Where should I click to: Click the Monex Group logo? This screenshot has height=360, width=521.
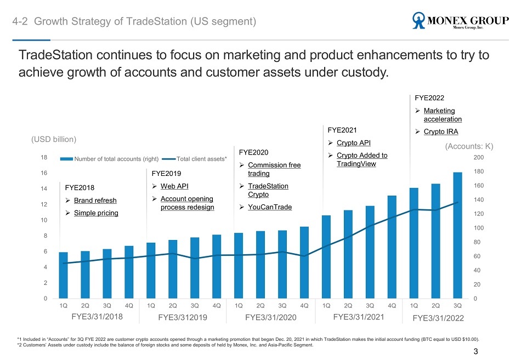pos(461,21)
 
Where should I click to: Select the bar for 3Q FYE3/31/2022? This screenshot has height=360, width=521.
pos(457,235)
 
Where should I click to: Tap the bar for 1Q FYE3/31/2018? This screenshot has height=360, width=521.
pos(63,275)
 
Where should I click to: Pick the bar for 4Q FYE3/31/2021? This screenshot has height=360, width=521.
pos(392,247)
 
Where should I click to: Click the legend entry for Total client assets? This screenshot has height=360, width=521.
pos(194,159)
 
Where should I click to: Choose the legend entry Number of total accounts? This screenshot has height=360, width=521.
pos(109,159)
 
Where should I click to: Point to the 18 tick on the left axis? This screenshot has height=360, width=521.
pos(44,157)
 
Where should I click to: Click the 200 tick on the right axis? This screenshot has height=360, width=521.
pos(478,157)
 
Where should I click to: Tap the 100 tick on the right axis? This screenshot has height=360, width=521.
pos(478,228)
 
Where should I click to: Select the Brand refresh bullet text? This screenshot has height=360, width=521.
pos(95,200)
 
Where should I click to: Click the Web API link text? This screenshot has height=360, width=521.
pos(174,186)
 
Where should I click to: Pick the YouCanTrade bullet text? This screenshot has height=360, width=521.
pos(270,207)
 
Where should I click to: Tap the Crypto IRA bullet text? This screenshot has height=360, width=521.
pos(441,132)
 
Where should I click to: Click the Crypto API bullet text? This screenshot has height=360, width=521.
pos(354,143)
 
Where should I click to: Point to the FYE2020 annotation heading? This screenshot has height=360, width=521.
pos(253,152)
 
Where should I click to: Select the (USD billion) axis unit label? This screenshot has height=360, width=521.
pos(54,140)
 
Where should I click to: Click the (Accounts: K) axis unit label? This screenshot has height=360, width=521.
pos(469,146)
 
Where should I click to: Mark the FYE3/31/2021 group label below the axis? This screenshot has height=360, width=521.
pos(359,317)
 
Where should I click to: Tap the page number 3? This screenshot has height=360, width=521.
pos(475,351)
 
